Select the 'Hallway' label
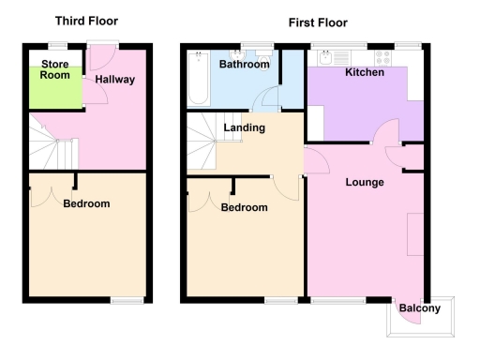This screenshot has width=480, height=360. point(114,80)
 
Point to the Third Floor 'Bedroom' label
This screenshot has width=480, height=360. point(86,203)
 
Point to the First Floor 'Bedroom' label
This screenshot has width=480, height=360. point(244,207)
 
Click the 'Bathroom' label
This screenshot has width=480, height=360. point(244,65)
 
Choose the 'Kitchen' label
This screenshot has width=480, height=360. point(363,72)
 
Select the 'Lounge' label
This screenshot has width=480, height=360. point(365,182)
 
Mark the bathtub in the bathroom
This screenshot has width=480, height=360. point(199,80)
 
